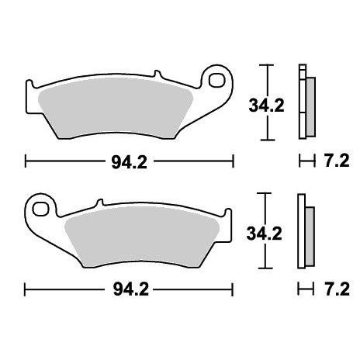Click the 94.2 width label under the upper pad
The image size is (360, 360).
(130, 162)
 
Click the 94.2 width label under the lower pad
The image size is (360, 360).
(131, 289)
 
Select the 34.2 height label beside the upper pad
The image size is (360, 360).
(266, 106)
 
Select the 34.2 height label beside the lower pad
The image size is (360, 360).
(264, 234)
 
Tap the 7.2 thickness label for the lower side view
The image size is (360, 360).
(337, 289)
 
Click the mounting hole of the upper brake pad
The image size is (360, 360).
(216, 81)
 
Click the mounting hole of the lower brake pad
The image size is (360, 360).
(40, 209)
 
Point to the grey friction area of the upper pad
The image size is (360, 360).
(115, 109)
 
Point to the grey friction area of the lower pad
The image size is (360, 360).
(142, 237)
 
